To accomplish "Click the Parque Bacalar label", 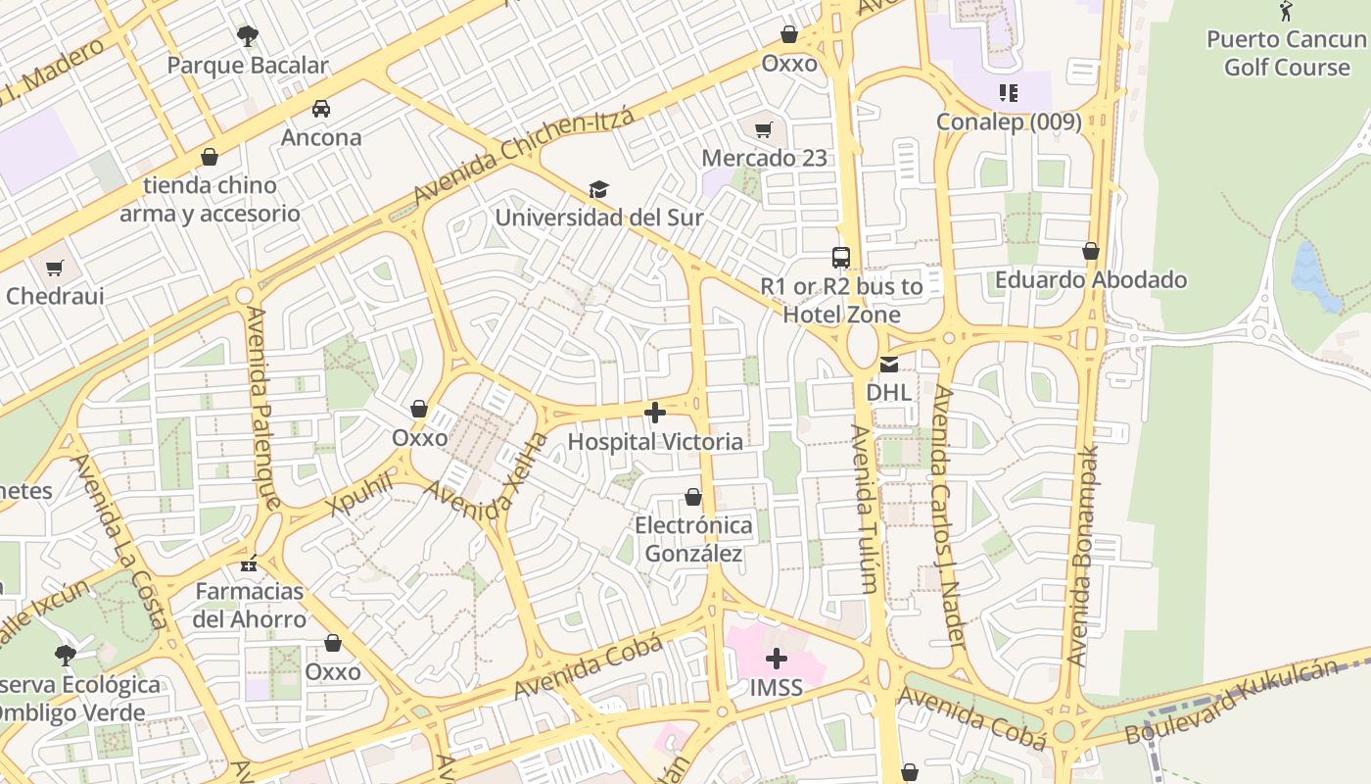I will (248, 66).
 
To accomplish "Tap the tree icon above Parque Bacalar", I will (248, 36).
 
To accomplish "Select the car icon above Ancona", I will (321, 109).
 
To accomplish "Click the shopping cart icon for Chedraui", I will (55, 268).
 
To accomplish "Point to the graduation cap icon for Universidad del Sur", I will (598, 189).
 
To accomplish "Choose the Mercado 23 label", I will (764, 158).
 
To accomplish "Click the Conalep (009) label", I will (1009, 122).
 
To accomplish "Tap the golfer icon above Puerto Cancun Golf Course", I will (1286, 12).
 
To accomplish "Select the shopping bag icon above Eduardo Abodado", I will (1091, 252).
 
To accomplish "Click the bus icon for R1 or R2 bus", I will (841, 258).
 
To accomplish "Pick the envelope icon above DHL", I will (888, 365).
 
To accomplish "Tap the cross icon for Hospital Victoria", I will (655, 414).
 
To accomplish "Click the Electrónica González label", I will (693, 540).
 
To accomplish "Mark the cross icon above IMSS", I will (777, 659).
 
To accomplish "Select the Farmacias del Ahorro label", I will (249, 605).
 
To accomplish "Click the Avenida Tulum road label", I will (863, 510).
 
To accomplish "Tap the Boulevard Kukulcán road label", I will (1231, 702).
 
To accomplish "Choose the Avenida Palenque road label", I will (264, 408).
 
